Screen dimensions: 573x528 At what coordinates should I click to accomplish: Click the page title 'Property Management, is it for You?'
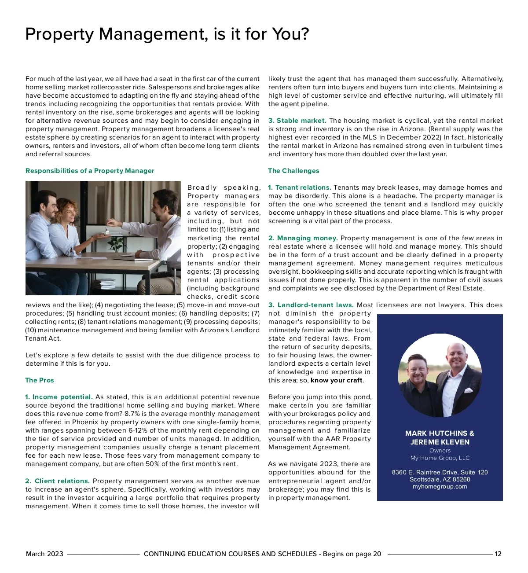click(x=167, y=34)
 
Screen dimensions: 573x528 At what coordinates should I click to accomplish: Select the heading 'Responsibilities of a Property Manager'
click(x=90, y=171)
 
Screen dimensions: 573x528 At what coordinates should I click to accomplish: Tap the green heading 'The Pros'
click(x=40, y=380)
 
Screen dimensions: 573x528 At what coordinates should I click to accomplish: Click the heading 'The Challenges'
click(x=293, y=171)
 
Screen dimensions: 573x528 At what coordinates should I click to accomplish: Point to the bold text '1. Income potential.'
click(x=59, y=397)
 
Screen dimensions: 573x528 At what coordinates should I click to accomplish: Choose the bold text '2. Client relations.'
click(x=58, y=481)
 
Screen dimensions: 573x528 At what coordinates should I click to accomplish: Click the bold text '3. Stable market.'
click(x=297, y=121)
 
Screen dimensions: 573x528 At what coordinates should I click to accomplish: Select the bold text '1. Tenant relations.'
click(x=300, y=187)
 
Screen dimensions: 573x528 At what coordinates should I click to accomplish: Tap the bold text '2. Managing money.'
click(x=303, y=238)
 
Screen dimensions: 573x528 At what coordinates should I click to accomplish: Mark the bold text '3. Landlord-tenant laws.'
click(x=311, y=305)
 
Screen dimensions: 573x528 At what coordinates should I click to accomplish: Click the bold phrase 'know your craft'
click(x=336, y=380)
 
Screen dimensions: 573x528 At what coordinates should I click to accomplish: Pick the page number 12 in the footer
click(x=498, y=554)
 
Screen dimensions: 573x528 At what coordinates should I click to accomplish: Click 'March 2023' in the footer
click(x=44, y=554)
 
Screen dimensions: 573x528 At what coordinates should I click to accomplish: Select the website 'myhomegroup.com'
click(x=440, y=487)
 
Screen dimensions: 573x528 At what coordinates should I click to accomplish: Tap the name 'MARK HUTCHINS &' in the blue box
click(x=440, y=433)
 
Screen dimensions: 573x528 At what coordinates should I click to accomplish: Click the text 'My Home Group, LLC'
click(x=440, y=458)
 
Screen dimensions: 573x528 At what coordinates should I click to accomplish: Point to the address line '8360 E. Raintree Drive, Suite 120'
click(x=440, y=473)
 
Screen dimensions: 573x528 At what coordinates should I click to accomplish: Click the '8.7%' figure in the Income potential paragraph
click(x=132, y=414)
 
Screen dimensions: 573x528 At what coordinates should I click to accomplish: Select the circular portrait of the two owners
click(x=440, y=375)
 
